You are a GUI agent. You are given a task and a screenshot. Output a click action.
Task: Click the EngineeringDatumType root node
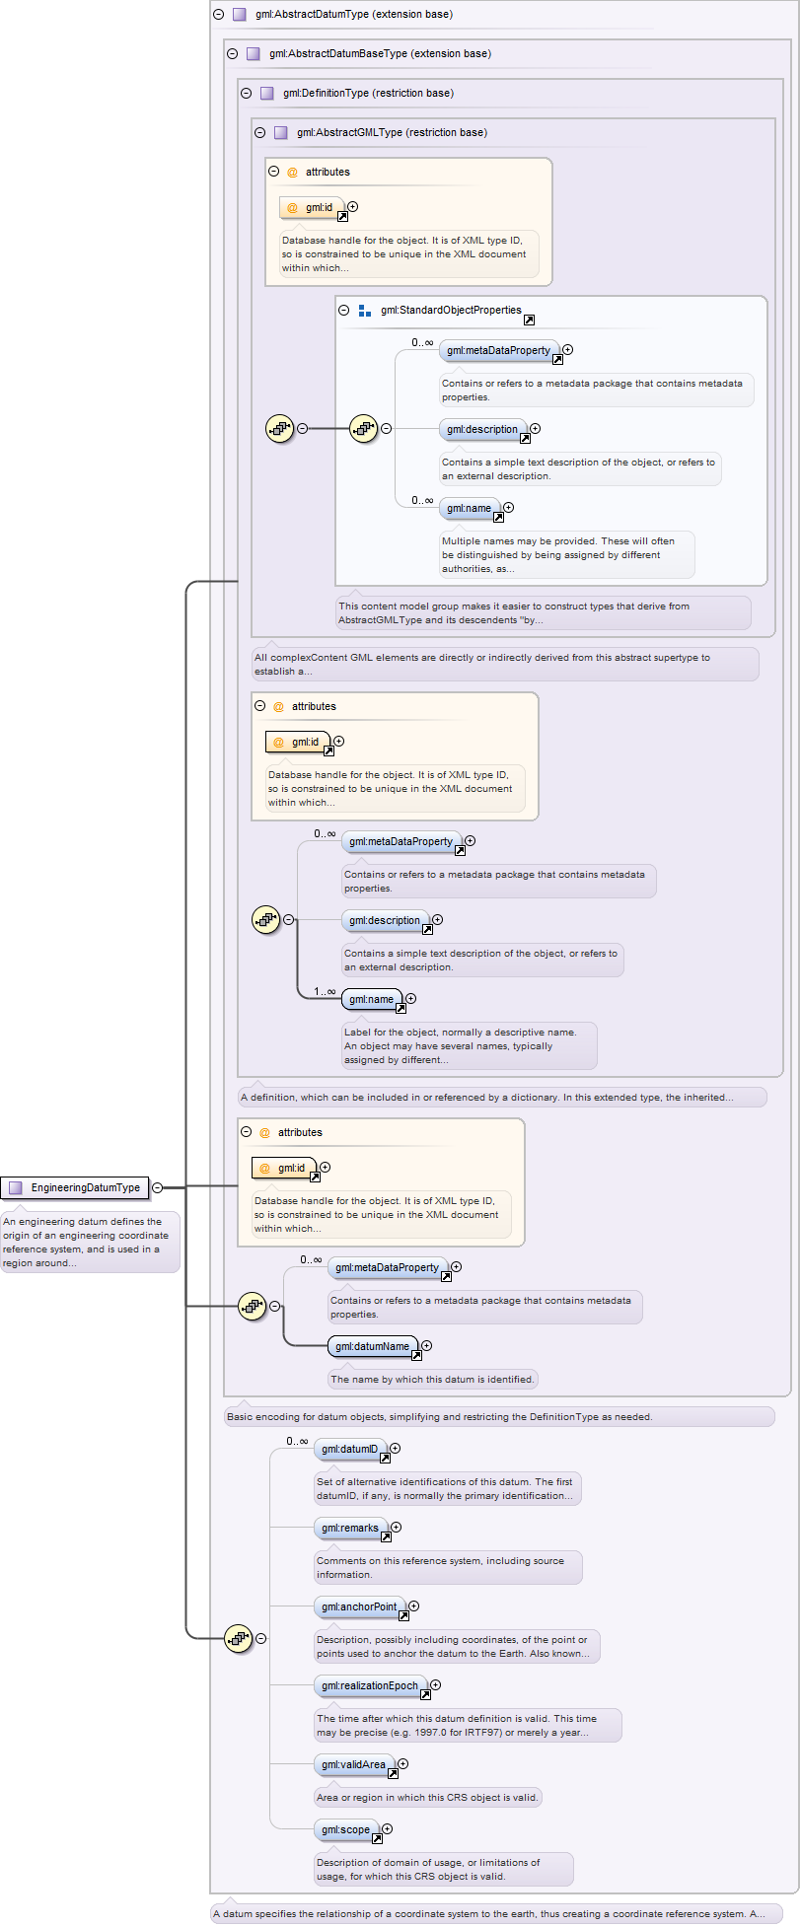click(x=75, y=1187)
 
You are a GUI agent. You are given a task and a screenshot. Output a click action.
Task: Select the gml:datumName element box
click(x=373, y=1346)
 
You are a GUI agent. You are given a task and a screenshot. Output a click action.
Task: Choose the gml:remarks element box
click(x=350, y=1528)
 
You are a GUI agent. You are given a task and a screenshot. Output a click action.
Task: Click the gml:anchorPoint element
click(x=359, y=1606)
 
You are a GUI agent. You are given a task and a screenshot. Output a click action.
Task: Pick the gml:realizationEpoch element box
click(x=370, y=1685)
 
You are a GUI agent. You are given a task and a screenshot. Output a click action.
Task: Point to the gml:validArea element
click(x=354, y=1764)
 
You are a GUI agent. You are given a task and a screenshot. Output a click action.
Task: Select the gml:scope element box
click(x=346, y=1829)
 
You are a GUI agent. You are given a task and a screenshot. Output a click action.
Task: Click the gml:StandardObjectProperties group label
click(x=451, y=310)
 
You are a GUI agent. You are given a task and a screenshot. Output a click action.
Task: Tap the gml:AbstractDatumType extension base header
click(x=353, y=15)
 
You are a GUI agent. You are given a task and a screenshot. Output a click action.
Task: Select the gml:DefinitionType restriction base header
click(x=368, y=94)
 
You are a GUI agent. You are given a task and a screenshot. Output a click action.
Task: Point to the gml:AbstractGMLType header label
click(x=392, y=133)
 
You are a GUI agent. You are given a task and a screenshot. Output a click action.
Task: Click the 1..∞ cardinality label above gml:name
click(x=325, y=991)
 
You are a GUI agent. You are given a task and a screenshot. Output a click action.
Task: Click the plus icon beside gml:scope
click(x=388, y=1829)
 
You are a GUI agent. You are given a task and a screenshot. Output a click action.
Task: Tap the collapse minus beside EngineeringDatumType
click(x=157, y=1187)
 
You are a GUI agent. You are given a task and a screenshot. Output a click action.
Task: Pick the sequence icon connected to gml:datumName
click(x=253, y=1307)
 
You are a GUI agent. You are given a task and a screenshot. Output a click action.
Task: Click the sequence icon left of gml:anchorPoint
click(x=239, y=1638)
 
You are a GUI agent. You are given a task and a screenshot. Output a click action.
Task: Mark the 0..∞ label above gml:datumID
click(x=297, y=1441)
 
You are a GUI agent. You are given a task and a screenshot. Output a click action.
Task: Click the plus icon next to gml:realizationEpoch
click(x=435, y=1685)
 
